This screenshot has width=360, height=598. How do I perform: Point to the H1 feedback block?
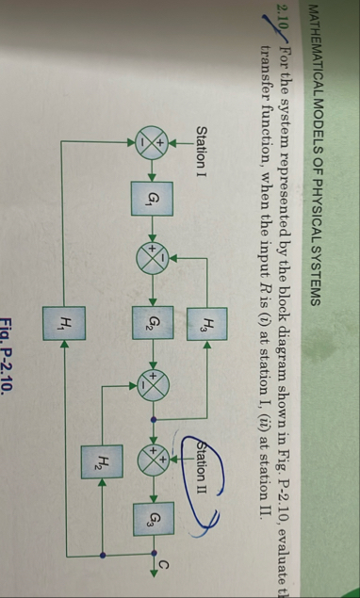[x=64, y=325]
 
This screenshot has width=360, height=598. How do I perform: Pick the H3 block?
[x=207, y=326]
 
